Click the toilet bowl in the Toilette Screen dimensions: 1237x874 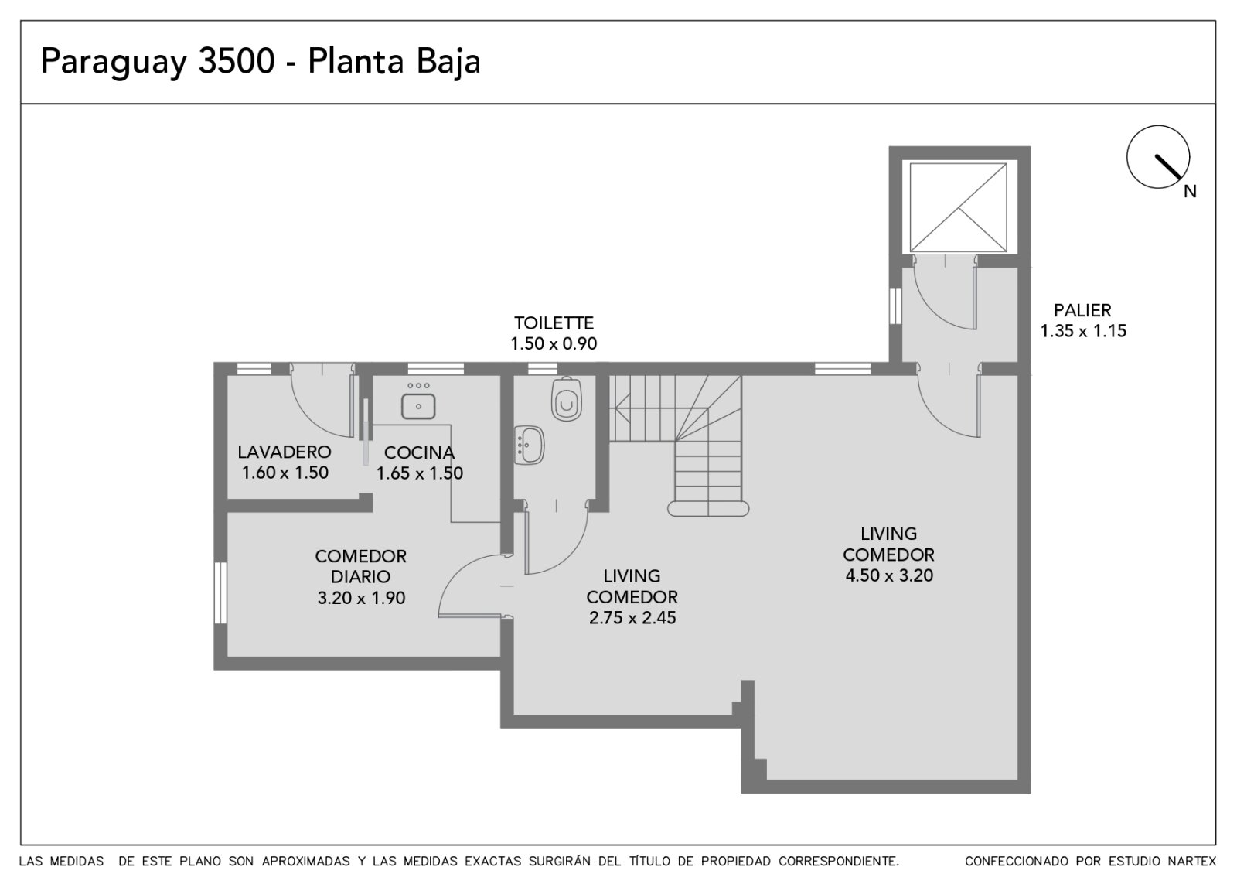click(567, 399)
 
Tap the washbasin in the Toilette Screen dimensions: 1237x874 click(529, 445)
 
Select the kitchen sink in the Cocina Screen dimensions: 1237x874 click(418, 406)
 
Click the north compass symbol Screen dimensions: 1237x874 click(1158, 157)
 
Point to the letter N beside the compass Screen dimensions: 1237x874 click(1190, 192)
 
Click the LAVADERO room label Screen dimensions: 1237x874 click(285, 452)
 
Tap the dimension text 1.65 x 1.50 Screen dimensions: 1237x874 click(420, 473)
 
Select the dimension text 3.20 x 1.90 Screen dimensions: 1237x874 click(361, 598)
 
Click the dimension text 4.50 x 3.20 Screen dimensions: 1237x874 click(889, 575)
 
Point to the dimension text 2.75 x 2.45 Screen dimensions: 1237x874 click(632, 618)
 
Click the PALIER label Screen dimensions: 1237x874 click(1082, 310)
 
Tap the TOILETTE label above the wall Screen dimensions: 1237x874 click(554, 323)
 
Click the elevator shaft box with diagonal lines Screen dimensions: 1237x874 click(958, 208)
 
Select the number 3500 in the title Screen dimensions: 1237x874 click(237, 61)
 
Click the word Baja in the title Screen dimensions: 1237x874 click(448, 62)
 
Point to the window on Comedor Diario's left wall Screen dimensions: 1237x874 click(220, 592)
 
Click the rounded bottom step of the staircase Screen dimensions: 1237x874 click(708, 508)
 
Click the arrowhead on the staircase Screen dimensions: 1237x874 click(622, 409)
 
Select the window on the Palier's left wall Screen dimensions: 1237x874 click(895, 306)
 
